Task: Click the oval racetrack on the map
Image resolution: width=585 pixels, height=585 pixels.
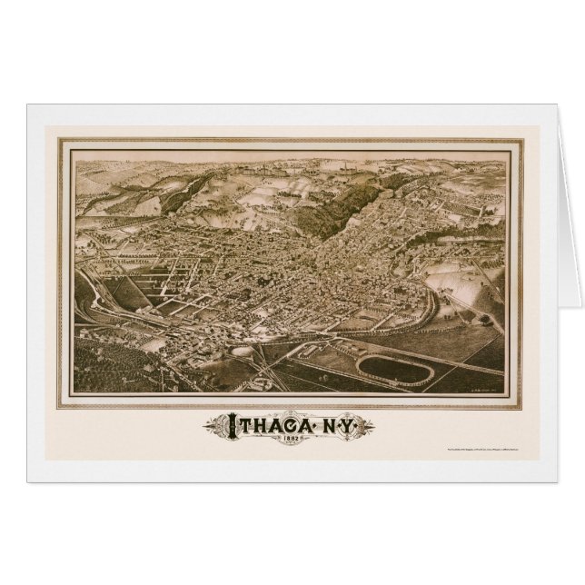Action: point(393,368)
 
